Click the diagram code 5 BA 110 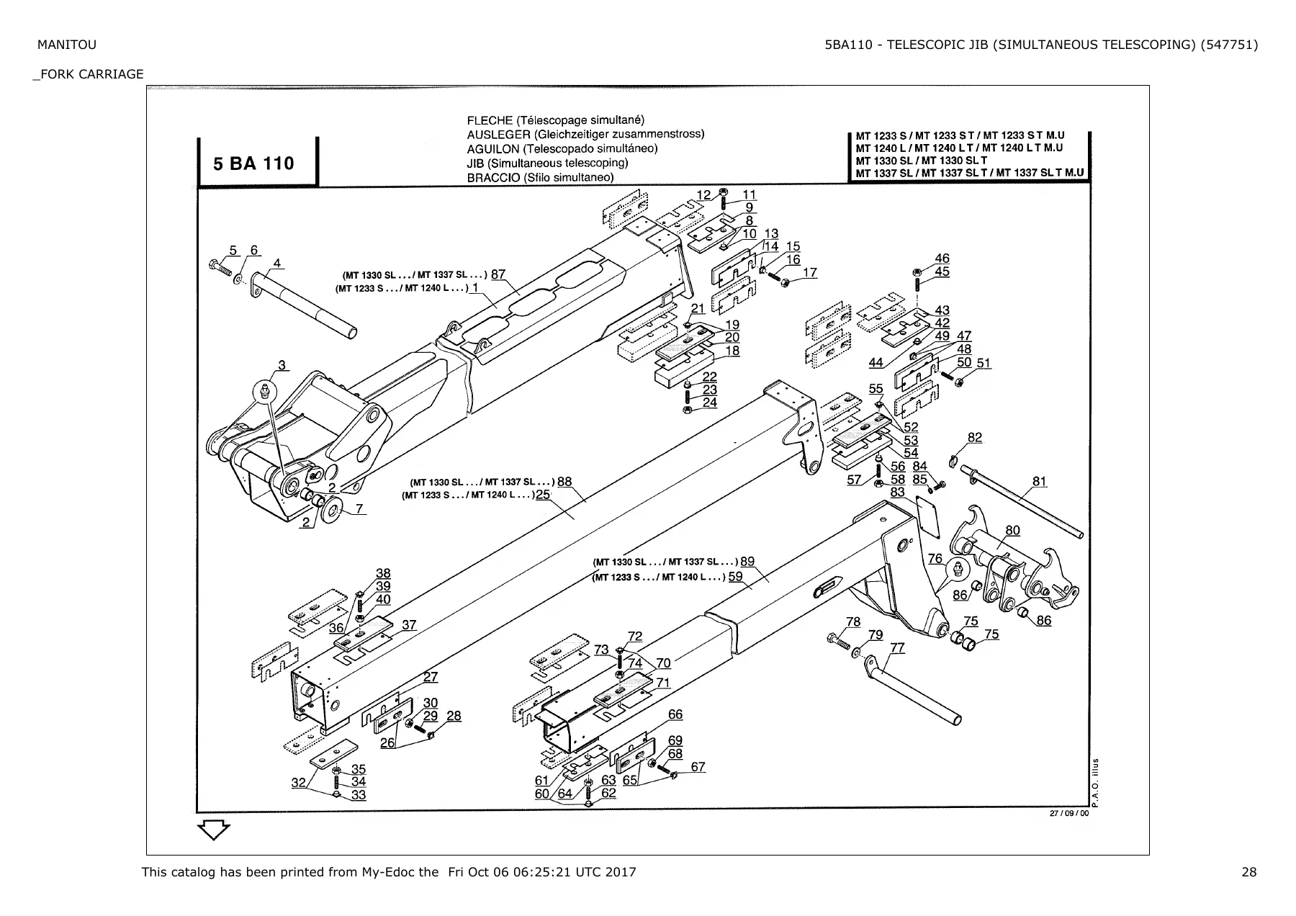(x=253, y=163)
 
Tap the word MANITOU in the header (x=66, y=45)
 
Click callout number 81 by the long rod (x=1039, y=481)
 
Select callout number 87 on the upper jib (x=498, y=274)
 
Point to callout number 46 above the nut (x=942, y=258)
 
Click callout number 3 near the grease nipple (x=282, y=364)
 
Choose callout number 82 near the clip (x=975, y=437)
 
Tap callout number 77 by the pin (x=897, y=647)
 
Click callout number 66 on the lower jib (x=675, y=714)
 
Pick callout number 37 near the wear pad (x=409, y=624)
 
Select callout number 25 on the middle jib (x=543, y=494)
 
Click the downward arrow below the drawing (x=214, y=830)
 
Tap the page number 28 (x=1249, y=872)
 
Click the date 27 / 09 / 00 (x=1069, y=814)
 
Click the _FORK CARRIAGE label (x=88, y=74)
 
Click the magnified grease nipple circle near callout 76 (x=957, y=570)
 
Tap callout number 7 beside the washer (x=359, y=508)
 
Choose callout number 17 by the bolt (x=810, y=272)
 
